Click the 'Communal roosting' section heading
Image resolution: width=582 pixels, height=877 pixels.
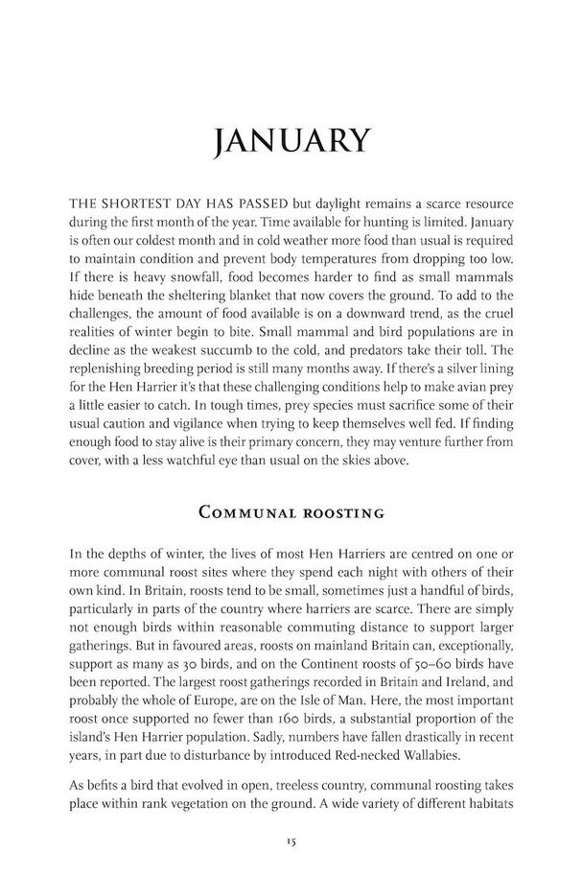[x=291, y=512]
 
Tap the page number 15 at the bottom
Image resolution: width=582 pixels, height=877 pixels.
[x=291, y=842]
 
